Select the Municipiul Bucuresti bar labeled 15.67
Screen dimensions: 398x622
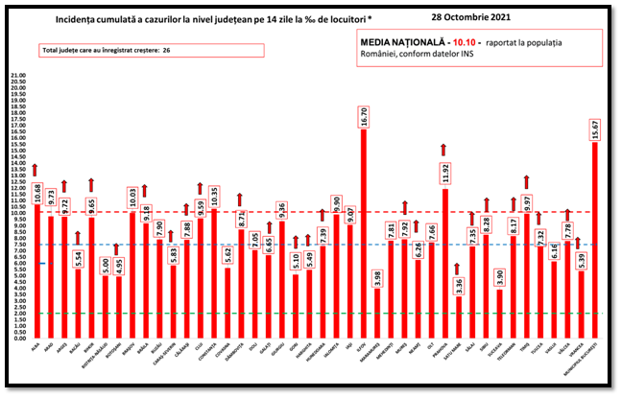[x=595, y=240]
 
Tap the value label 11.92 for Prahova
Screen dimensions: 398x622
[x=445, y=174]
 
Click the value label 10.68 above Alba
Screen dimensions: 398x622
[x=37, y=190]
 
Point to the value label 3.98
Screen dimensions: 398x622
[x=378, y=279]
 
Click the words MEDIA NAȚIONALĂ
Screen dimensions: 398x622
[x=404, y=43]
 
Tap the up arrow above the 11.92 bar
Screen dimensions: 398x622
[x=443, y=149]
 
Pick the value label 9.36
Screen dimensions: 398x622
[x=282, y=210]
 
